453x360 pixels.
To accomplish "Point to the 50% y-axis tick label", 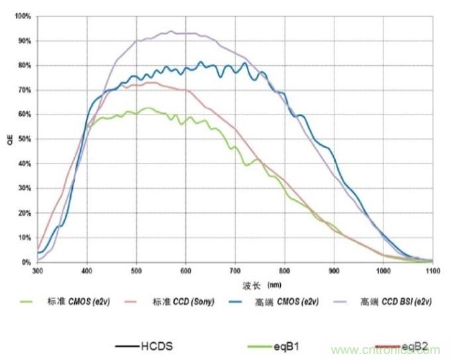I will (24, 139).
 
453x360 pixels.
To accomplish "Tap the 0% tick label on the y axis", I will (26, 263).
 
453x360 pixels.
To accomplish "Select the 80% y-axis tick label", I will (24, 65).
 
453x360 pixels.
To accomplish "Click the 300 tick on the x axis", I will (37, 270).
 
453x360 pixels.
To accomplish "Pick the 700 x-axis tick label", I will (235, 270).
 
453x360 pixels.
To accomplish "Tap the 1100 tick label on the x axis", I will (432, 270).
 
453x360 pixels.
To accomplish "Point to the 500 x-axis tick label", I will (136, 270).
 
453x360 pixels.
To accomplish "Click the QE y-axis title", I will (9, 140).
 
